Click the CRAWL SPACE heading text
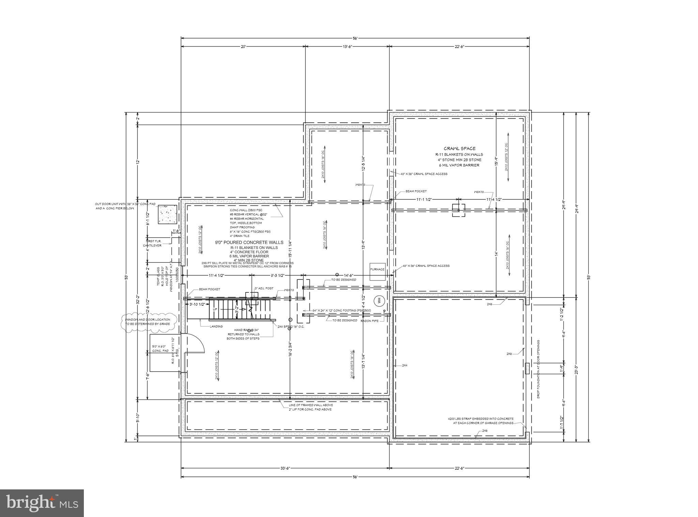click(459, 149)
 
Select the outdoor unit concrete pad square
click(167, 214)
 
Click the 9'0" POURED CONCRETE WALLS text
click(249, 243)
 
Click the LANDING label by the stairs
click(216, 326)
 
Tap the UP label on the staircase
click(215, 309)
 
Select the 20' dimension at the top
click(243, 47)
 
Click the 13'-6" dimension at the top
click(347, 47)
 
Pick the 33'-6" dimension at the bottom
click(285, 468)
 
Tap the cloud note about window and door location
click(149, 321)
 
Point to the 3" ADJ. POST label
click(264, 288)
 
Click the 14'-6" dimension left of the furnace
click(348, 275)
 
